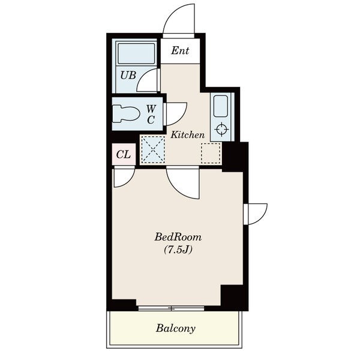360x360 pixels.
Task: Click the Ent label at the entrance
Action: [x=180, y=51]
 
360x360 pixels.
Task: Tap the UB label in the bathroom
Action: [x=128, y=75]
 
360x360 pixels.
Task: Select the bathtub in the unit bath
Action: [x=136, y=53]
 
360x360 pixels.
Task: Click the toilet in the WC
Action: [x=126, y=113]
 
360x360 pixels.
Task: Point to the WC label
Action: [x=151, y=114]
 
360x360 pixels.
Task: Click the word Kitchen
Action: [x=187, y=135]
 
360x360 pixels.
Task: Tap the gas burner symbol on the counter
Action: [x=221, y=129]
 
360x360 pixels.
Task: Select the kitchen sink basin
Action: [x=221, y=106]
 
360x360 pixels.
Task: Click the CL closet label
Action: [x=124, y=155]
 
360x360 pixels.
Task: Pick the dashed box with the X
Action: [x=152, y=151]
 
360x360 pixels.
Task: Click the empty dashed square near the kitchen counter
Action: [x=211, y=153]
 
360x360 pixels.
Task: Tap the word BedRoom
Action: [x=178, y=237]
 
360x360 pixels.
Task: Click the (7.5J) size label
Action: [x=178, y=250]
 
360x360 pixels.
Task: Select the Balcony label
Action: [x=176, y=328]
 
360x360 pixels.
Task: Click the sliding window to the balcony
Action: [x=171, y=308]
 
